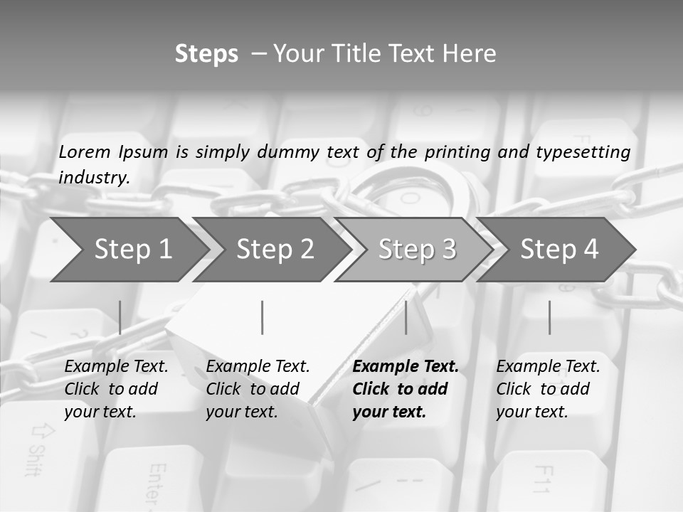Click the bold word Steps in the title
click(206, 54)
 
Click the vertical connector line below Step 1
click(120, 317)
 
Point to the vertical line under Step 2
click(263, 317)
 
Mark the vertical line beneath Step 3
click(406, 317)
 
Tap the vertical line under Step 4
click(549, 317)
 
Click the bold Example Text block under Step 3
click(406, 389)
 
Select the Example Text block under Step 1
click(116, 389)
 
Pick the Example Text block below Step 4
click(548, 389)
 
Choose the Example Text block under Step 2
click(258, 389)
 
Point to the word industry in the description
click(94, 177)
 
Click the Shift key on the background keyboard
click(39, 448)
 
